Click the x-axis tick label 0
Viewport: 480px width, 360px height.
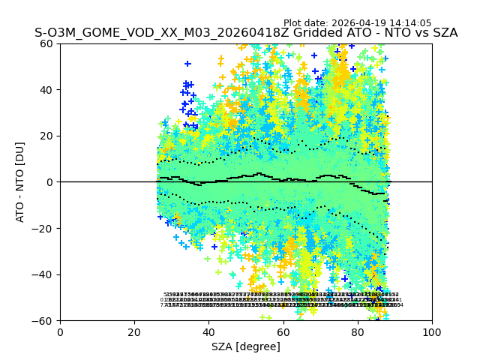tap(60, 331)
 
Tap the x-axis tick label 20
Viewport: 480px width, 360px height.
tap(134, 331)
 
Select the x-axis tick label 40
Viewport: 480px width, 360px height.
tap(208, 331)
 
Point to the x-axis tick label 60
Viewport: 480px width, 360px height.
tap(283, 331)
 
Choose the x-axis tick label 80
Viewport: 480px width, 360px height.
tap(358, 331)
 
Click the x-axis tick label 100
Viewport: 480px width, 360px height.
tap(432, 331)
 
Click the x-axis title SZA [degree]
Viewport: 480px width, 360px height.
tap(246, 346)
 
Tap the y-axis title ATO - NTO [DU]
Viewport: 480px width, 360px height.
tap(21, 182)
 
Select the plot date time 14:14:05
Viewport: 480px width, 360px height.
tap(410, 23)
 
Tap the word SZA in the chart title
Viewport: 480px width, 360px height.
tap(442, 33)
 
